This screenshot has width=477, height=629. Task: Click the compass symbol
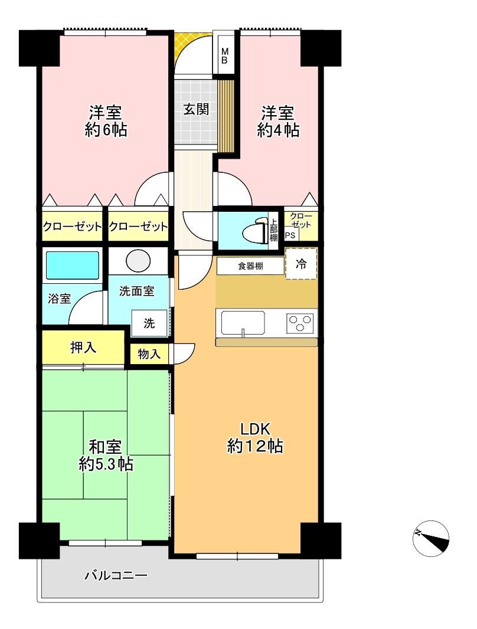430,539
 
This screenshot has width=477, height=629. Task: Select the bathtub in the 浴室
72,265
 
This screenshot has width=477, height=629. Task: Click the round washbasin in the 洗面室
138,260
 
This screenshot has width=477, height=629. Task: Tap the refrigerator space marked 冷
301,264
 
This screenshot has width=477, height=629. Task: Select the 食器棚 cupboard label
250,266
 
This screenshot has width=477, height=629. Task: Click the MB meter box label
225,55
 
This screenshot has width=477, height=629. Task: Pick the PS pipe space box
290,235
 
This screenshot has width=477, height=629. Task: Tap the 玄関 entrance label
196,109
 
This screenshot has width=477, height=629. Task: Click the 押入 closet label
83,348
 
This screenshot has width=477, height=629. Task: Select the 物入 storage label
149,354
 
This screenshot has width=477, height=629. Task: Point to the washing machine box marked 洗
149,323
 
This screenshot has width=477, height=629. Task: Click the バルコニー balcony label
116,576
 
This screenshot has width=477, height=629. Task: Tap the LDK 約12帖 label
255,438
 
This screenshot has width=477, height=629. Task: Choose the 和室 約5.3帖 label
106,456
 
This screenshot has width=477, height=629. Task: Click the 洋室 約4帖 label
277,122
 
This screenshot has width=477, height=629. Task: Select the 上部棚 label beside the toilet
273,230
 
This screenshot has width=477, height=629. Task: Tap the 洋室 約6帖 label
106,121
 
